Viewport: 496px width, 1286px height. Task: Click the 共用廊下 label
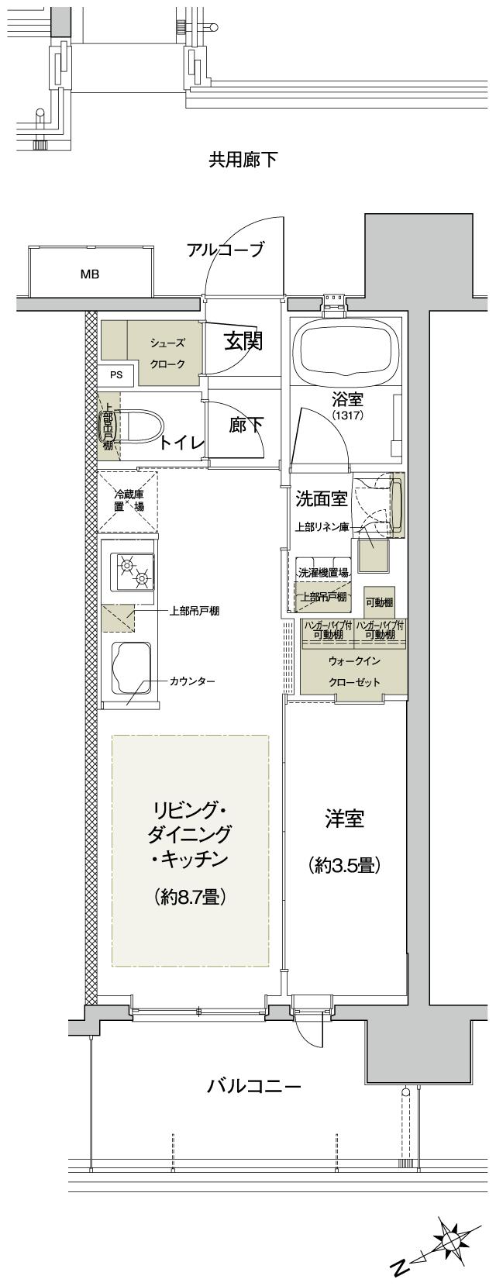[243, 160]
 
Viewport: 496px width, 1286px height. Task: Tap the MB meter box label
[90, 274]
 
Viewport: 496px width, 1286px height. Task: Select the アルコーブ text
[226, 250]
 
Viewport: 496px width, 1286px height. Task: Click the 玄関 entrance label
[243, 341]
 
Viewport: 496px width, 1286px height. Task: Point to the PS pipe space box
[116, 375]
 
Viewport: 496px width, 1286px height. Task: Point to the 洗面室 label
[321, 498]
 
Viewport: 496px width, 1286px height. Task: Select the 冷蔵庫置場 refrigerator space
[127, 500]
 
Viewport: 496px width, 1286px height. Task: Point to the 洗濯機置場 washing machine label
[323, 573]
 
